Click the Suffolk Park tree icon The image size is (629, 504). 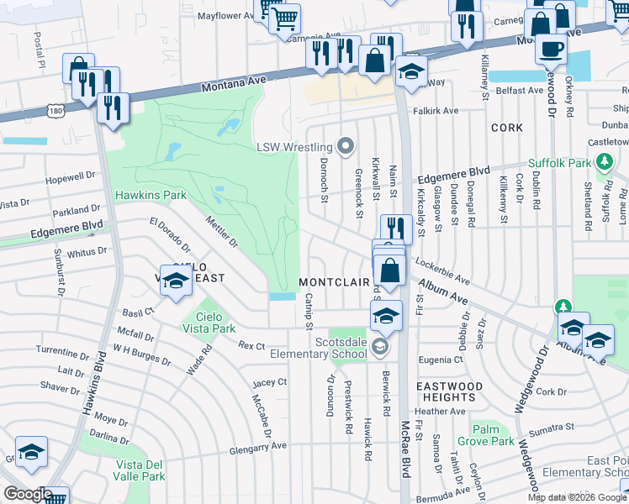[602, 162]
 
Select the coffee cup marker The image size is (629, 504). [551, 49]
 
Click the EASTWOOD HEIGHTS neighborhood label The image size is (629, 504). [450, 391]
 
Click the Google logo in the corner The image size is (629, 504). [27, 493]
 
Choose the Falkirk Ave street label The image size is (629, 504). [435, 111]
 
